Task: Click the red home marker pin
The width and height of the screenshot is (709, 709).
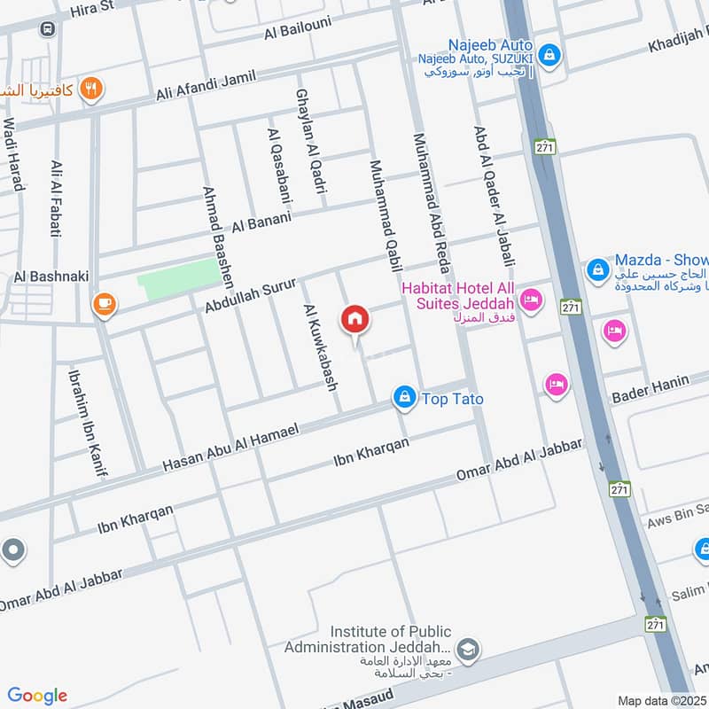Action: coord(355,319)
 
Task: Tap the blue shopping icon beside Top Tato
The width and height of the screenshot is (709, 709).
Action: coord(404,397)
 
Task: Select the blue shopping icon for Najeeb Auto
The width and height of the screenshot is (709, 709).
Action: coord(549,55)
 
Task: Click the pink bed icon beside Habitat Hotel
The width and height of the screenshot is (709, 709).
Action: coord(531,300)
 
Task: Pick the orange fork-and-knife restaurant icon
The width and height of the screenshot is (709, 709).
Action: coord(90,89)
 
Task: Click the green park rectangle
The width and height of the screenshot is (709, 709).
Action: coord(178,279)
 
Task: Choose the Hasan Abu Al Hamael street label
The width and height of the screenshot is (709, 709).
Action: coord(231,447)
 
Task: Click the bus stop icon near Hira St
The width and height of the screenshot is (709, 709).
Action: coord(46,29)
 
